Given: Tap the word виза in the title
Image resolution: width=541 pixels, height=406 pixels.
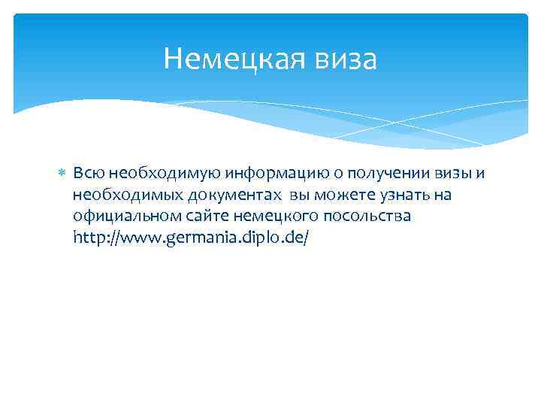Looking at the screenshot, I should [x=343, y=59].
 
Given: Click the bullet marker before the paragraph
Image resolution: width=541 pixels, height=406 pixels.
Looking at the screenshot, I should [x=62, y=174].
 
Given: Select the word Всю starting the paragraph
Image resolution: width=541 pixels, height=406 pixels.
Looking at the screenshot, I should [x=85, y=174].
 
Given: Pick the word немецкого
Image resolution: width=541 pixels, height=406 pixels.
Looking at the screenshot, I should [x=264, y=217].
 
